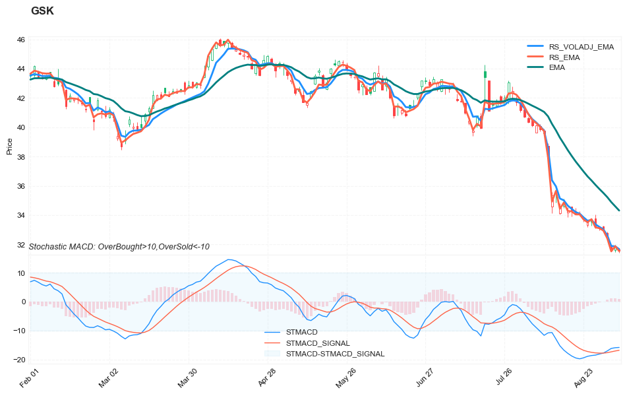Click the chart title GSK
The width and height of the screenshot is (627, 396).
[42, 11]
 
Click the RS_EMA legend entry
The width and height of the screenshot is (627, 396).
[564, 57]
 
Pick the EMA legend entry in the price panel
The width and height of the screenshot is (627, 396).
[556, 67]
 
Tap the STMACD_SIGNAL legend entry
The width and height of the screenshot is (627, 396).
[318, 343]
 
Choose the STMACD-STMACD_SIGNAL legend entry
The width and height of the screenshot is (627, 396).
[335, 354]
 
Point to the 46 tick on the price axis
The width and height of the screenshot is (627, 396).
[21, 40]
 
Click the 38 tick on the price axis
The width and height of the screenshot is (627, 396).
[21, 157]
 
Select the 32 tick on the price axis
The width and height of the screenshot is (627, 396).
[21, 246]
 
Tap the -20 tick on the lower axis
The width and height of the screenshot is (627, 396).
[20, 360]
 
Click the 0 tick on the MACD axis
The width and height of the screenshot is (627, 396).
[23, 302]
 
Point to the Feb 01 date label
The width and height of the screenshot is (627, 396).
[30, 379]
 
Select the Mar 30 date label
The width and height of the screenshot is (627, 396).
[187, 379]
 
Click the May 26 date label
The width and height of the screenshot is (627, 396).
[345, 379]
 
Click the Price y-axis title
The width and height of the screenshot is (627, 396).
[9, 147]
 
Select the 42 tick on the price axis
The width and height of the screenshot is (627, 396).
[21, 98]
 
